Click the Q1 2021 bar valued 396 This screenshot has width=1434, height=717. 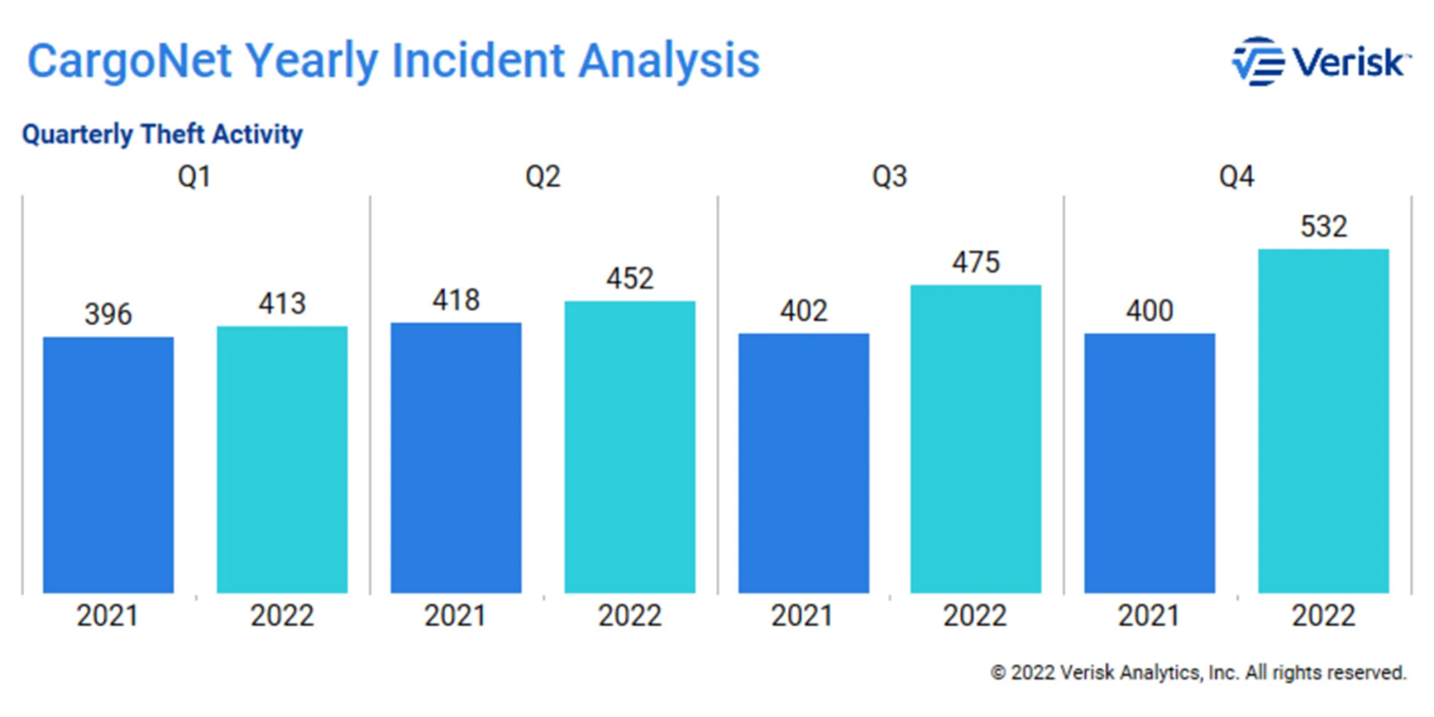tap(108, 464)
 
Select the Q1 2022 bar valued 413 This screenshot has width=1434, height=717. tap(282, 459)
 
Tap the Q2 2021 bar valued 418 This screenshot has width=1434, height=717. tap(456, 457)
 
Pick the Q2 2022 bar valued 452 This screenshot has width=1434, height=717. tap(630, 447)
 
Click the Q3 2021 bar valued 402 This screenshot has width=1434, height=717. tap(803, 463)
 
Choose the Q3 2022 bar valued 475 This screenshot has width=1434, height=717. tap(976, 439)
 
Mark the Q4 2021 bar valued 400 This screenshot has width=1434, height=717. tap(1150, 463)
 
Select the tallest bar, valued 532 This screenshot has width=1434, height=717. tap(1324, 421)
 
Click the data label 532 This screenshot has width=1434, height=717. tap(1324, 227)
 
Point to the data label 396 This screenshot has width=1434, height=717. tap(108, 314)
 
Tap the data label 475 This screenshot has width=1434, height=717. tap(976, 262)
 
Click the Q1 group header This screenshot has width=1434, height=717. tap(194, 176)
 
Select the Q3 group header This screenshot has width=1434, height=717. tap(890, 176)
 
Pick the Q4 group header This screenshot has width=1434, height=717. tap(1237, 176)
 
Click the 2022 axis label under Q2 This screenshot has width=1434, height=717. tap(630, 615)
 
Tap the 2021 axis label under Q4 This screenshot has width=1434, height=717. tap(1149, 615)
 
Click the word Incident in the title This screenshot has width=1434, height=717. tap(477, 61)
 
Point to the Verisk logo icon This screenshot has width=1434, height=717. tap(1258, 62)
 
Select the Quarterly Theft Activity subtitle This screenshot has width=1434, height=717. tap(163, 135)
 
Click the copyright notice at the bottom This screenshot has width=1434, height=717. tap(1198, 673)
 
